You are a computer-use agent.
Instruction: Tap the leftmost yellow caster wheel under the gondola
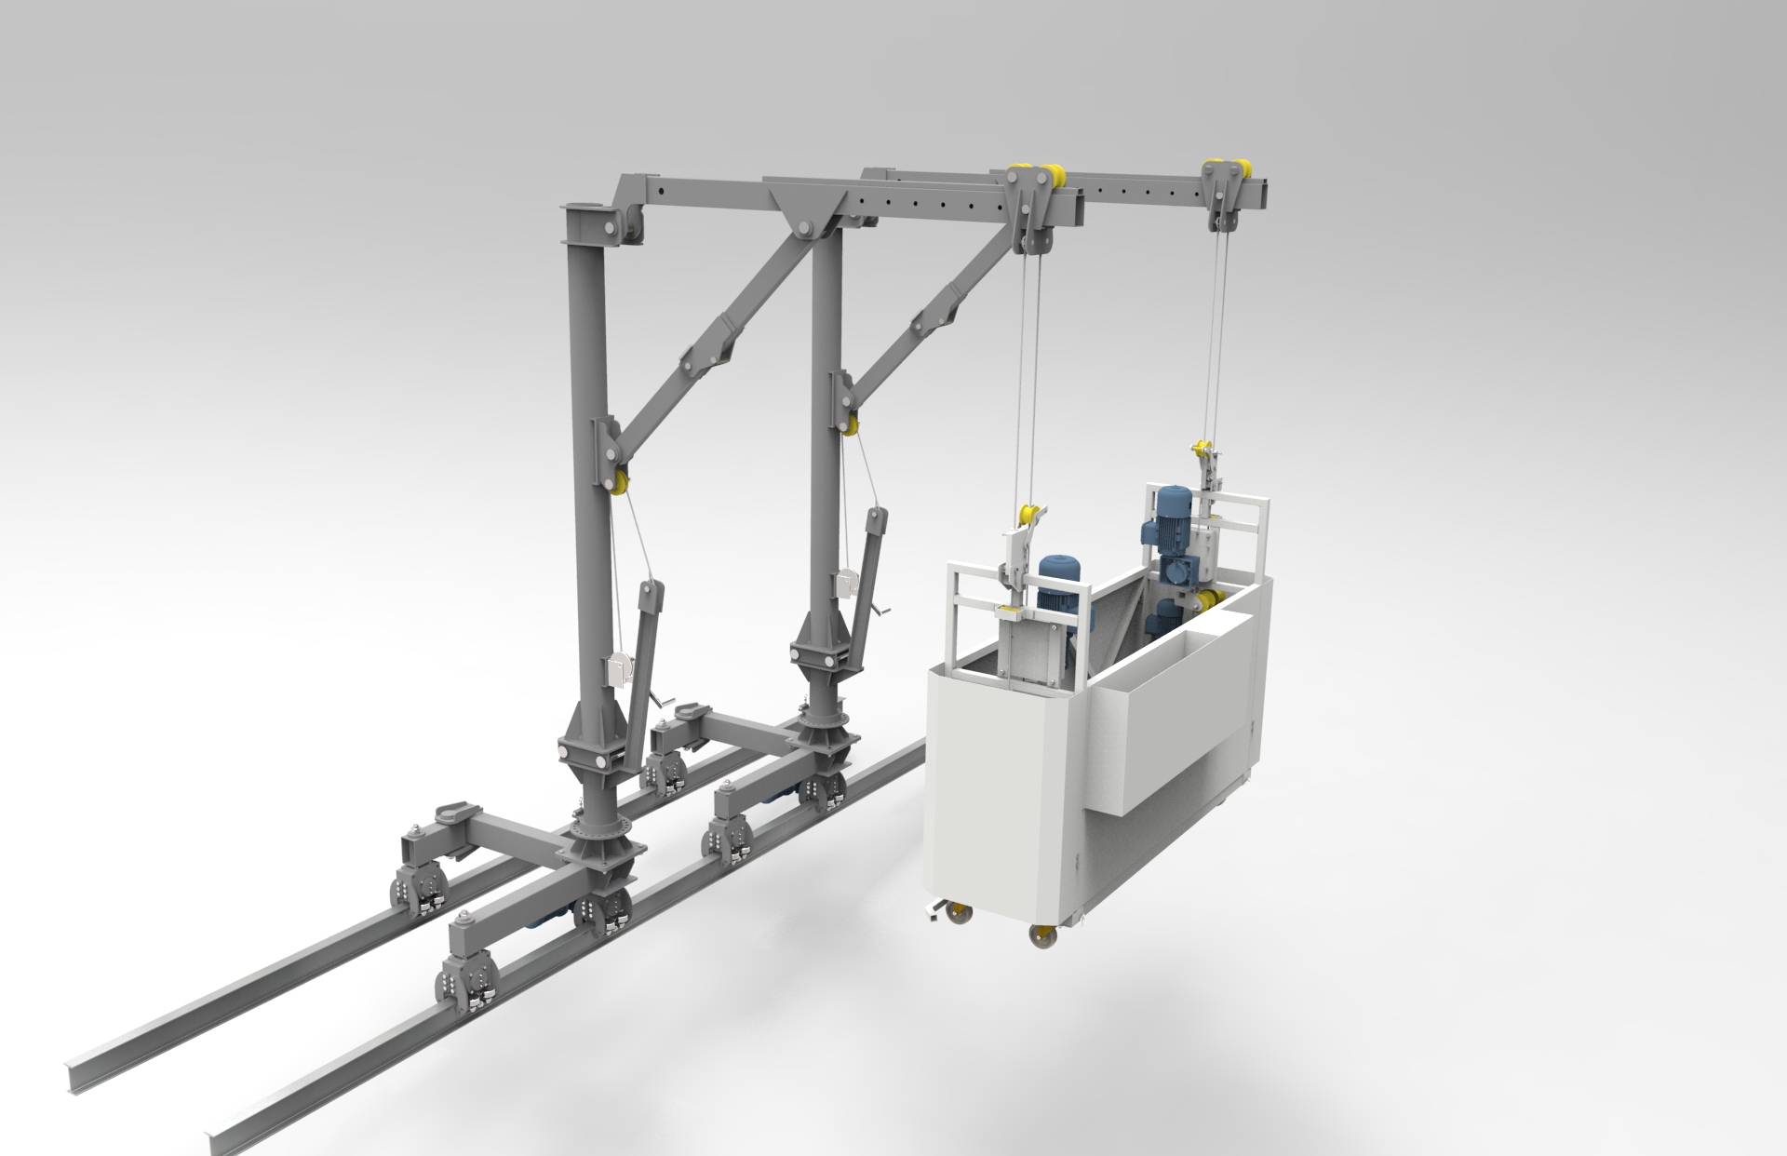click(x=956, y=915)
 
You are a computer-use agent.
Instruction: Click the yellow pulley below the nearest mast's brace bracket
click(x=617, y=484)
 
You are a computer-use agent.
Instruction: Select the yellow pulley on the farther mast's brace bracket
click(x=849, y=425)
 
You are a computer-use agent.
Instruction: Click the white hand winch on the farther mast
click(x=846, y=583)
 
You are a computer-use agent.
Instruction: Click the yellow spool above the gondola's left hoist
click(x=1029, y=514)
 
